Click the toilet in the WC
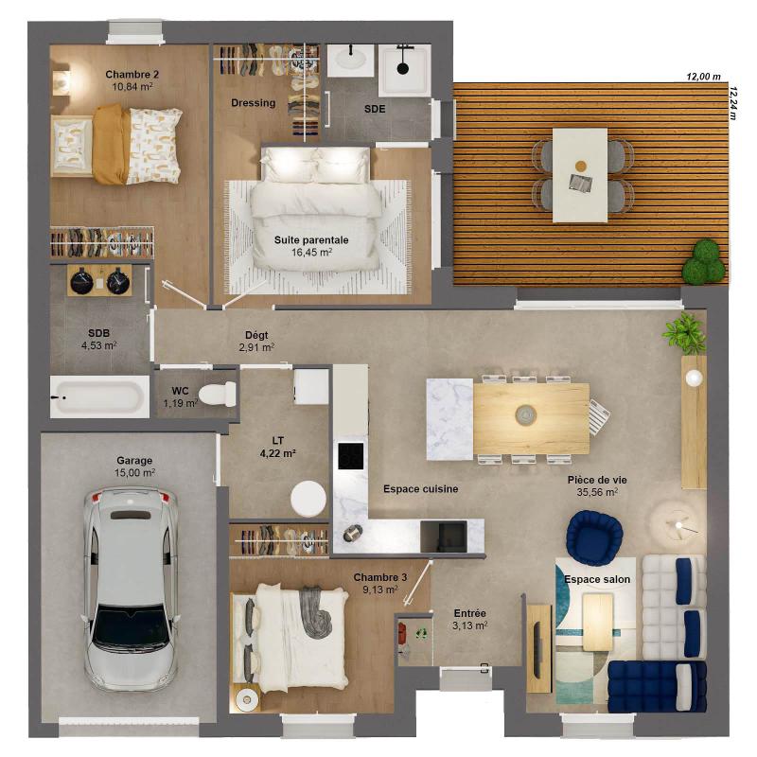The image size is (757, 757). click(218, 394)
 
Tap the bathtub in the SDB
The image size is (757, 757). click(99, 396)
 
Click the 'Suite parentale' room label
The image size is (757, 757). click(311, 240)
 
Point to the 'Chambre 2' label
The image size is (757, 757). click(132, 75)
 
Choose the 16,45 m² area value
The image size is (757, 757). click(311, 252)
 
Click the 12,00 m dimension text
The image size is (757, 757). click(703, 77)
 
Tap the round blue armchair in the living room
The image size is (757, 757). click(594, 535)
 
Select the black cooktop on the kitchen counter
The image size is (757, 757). click(351, 456)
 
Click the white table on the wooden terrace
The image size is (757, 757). click(580, 175)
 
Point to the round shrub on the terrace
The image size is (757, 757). click(704, 263)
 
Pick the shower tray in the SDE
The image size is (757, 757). click(404, 70)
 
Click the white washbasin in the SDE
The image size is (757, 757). click(350, 60)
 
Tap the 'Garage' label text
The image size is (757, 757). click(134, 461)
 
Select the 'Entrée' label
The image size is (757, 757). click(469, 613)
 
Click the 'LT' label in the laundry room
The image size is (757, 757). click(277, 440)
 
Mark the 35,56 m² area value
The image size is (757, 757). click(597, 492)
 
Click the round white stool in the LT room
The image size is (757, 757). click(308, 499)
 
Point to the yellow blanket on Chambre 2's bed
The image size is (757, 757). click(111, 144)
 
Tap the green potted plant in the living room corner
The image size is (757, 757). click(685, 333)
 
